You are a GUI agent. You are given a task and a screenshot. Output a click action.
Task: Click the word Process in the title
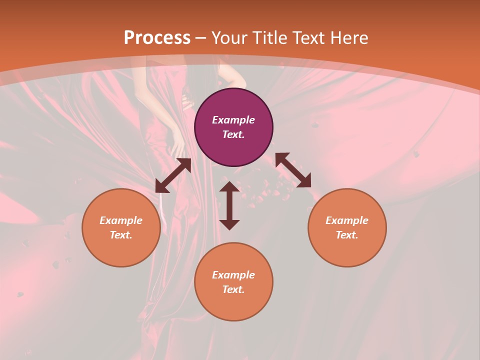point(157,38)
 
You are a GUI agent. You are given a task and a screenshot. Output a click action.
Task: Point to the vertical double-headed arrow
point(229,205)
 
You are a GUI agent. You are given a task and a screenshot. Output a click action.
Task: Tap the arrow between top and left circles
point(173,175)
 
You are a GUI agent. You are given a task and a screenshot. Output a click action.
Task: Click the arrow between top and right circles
point(293,170)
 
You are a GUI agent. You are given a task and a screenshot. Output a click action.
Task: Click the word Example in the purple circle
point(233,120)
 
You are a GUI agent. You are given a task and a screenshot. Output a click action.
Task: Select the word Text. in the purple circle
point(233,134)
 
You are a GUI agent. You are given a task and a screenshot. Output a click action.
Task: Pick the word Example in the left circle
point(121,220)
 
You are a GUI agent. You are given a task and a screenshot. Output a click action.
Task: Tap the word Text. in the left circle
point(121,235)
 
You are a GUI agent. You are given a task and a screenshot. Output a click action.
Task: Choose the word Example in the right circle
point(347,220)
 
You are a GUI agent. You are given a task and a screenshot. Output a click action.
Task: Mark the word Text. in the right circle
point(347,235)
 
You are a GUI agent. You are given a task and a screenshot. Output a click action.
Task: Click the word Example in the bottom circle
point(233,275)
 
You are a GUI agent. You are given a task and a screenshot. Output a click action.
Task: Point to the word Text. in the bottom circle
point(233,289)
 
